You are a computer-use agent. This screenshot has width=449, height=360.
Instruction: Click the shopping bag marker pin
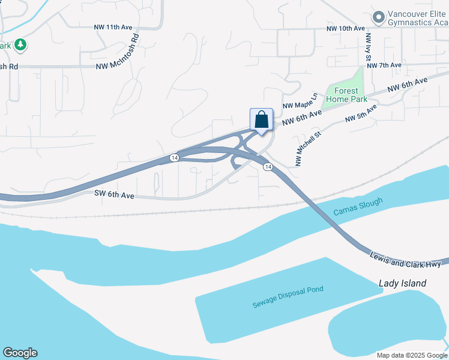(261, 119)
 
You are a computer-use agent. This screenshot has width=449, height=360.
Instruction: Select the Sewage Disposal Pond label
(288, 297)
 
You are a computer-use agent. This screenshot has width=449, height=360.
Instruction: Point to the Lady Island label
(402, 283)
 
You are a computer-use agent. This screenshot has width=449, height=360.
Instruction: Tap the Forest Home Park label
(342, 95)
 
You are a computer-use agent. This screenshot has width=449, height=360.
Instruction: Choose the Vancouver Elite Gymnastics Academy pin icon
(378, 17)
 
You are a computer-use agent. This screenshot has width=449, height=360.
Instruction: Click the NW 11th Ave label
(112, 27)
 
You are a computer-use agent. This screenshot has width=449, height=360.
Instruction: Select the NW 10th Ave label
(345, 28)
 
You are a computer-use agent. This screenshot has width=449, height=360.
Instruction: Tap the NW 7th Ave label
(384, 65)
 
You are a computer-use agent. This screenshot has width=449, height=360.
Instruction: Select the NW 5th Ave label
(361, 114)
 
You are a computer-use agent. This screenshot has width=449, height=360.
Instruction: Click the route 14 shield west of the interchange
(174, 157)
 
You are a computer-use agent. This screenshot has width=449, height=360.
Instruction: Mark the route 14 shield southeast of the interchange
(268, 167)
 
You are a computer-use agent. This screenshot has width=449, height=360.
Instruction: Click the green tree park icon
(20, 44)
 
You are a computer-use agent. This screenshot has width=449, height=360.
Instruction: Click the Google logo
(20, 353)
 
